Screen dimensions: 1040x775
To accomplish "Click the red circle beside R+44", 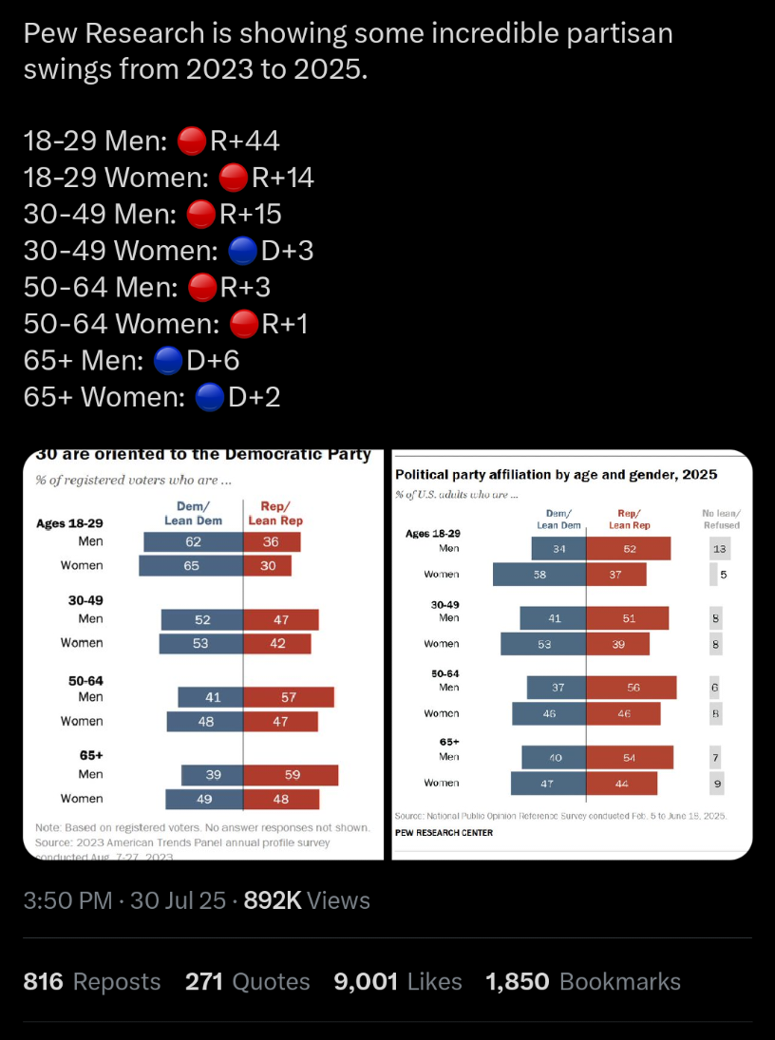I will [x=193, y=142].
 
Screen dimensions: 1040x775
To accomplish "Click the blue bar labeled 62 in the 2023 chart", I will [x=193, y=541].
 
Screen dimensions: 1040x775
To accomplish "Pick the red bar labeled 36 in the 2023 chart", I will [x=272, y=541].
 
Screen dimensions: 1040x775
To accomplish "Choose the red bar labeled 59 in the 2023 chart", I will [x=291, y=775].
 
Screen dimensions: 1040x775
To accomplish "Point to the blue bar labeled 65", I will [x=190, y=565].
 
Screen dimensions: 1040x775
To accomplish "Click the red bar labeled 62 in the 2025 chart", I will [x=629, y=549].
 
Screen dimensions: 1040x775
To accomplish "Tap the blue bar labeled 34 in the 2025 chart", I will [x=558, y=549].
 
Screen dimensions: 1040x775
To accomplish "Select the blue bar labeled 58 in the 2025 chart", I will [x=539, y=575].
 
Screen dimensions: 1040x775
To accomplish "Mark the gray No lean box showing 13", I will [x=720, y=549].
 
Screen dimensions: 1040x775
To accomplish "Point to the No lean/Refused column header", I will [x=720, y=519].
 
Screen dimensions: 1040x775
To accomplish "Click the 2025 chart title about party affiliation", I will [x=556, y=474].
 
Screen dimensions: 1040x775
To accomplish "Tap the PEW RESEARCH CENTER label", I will [x=444, y=833].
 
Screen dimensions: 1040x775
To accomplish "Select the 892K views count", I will [x=307, y=900].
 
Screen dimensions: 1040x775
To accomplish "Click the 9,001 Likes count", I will [x=398, y=981].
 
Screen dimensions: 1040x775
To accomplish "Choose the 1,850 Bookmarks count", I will [x=582, y=981].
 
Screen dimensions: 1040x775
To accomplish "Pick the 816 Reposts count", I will [x=91, y=981].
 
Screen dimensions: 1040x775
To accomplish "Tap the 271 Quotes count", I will [x=247, y=981].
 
